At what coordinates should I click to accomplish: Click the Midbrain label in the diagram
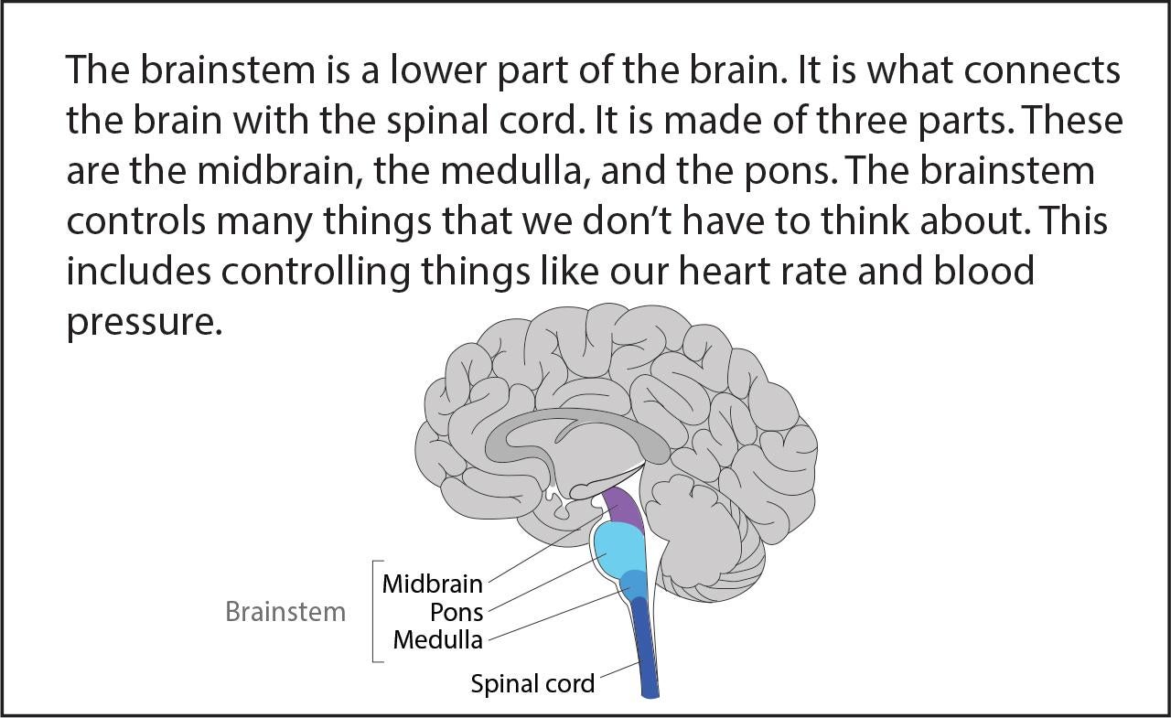click(433, 584)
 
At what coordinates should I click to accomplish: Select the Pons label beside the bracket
click(457, 612)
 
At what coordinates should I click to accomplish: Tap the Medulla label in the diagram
click(437, 639)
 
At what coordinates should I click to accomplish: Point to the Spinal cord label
click(532, 683)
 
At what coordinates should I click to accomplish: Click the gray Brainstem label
click(285, 611)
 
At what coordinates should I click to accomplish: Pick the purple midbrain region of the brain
click(623, 508)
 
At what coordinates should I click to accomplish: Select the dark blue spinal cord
click(646, 648)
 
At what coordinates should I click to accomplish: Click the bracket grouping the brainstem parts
click(373, 611)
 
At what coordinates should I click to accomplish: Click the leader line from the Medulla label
click(559, 614)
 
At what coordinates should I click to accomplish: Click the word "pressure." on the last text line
click(145, 323)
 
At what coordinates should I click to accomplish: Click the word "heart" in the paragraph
click(724, 272)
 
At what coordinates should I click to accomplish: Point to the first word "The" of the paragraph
click(98, 70)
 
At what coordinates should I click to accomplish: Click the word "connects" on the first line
click(1042, 71)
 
